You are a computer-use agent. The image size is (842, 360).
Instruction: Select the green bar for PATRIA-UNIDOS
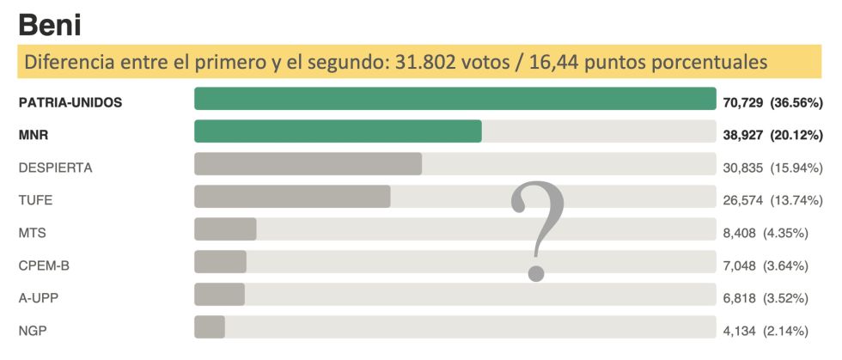tap(455, 99)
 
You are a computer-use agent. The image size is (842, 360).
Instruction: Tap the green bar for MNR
tap(338, 131)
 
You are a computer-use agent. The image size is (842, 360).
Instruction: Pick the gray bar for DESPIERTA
tap(308, 164)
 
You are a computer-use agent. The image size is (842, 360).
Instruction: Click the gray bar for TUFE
tap(292, 197)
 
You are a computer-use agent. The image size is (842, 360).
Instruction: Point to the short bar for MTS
tap(225, 229)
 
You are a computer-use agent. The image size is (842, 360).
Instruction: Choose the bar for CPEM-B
tap(220, 262)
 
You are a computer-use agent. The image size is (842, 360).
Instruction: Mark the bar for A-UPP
tap(219, 295)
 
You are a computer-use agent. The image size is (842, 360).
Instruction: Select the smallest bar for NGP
tap(210, 327)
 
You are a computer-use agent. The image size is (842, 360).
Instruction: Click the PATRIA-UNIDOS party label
tap(70, 102)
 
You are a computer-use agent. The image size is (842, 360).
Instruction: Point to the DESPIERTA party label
tap(55, 168)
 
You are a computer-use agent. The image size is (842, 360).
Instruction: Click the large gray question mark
tap(538, 230)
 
